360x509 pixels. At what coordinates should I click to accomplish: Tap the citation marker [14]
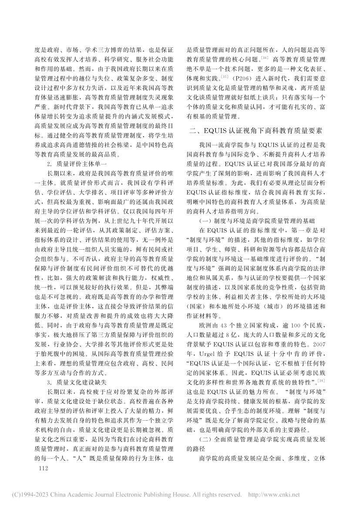(265, 57)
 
